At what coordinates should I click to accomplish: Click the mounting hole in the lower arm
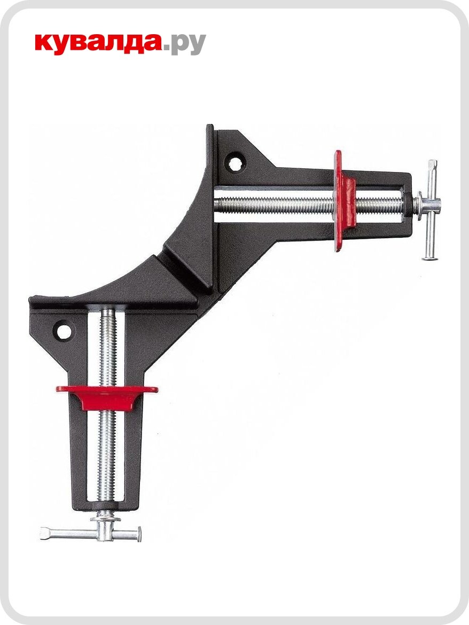pos(64,331)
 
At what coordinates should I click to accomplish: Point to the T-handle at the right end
pos(431,208)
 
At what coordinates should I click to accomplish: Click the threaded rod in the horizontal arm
pos(278,204)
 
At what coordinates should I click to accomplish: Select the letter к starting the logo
pos(45,44)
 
